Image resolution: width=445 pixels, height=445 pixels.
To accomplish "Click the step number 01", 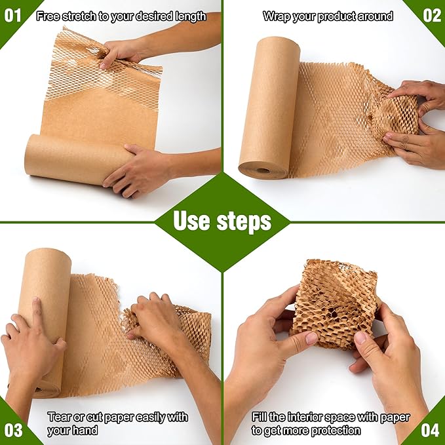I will pyautogui.click(x=12, y=15).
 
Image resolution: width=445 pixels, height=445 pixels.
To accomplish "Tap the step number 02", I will pyautogui.click(x=432, y=15).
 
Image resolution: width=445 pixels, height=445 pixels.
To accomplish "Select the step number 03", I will pyautogui.click(x=12, y=430).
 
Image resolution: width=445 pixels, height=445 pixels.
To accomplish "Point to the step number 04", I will pyautogui.click(x=431, y=430).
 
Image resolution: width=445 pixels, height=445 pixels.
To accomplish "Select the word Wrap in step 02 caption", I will pyautogui.click(x=276, y=16).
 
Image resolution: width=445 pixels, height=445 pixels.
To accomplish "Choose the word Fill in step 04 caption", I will pyautogui.click(x=260, y=417).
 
